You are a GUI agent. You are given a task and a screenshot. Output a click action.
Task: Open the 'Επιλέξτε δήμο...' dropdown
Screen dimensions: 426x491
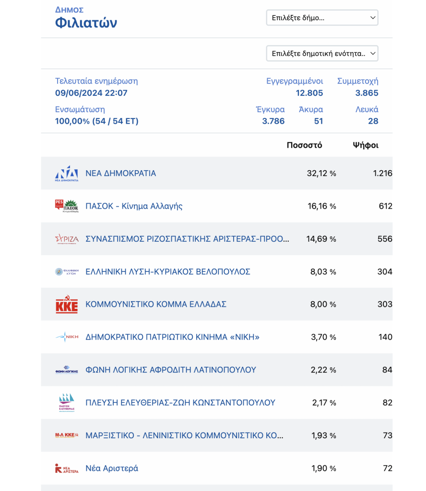tap(322, 18)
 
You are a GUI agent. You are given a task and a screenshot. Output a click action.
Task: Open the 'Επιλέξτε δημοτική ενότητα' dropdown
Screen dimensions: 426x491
tap(322, 53)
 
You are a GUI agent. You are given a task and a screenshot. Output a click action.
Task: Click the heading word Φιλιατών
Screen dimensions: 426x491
tap(86, 23)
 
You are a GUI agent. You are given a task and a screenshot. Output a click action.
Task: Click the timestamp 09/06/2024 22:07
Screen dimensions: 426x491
tap(91, 93)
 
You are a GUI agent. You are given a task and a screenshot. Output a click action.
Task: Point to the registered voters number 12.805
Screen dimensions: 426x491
tap(309, 93)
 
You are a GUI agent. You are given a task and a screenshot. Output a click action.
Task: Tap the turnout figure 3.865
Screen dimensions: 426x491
tap(367, 93)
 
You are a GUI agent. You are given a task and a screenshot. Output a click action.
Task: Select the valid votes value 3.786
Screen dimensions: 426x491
tap(273, 121)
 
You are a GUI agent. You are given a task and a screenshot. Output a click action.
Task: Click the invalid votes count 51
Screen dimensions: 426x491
tap(318, 121)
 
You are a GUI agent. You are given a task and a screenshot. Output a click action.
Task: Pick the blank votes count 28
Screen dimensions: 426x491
tap(373, 121)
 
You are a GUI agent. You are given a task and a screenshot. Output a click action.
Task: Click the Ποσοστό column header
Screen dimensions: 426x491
tap(304, 145)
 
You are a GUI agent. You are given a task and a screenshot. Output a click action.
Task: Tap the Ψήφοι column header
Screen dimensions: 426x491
tap(366, 145)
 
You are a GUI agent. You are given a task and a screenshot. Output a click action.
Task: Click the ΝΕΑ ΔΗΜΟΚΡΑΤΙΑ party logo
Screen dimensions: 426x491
tap(67, 174)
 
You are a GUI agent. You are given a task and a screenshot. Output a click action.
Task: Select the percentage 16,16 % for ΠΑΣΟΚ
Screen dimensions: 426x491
tap(322, 206)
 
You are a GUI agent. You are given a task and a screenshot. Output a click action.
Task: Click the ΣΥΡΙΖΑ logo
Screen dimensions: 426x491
tap(67, 239)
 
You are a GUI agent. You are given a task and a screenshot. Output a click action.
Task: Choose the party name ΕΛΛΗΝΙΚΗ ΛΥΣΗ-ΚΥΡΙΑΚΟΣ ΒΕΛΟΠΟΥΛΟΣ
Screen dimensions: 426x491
tap(168, 271)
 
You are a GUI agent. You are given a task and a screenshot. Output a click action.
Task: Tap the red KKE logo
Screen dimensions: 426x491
tap(67, 304)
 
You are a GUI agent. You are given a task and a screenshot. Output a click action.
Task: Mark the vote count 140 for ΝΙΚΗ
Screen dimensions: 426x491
tap(385, 337)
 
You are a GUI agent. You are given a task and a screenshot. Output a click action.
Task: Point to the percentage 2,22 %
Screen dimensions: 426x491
tap(323, 370)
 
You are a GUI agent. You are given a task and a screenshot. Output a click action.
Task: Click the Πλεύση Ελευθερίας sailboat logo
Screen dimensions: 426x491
tap(67, 402)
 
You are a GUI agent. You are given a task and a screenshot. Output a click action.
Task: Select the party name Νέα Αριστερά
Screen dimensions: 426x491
tap(112, 468)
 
